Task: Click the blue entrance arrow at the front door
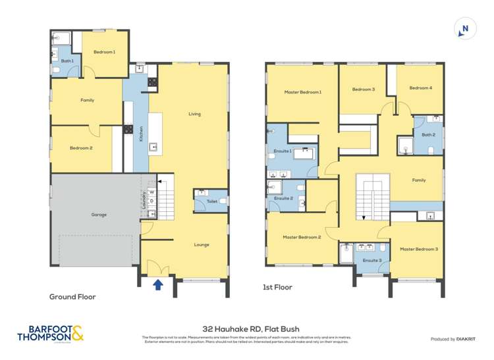(158, 284)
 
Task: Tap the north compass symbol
(465, 28)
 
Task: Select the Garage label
(98, 215)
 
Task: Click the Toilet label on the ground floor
(211, 201)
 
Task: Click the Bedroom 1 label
(104, 52)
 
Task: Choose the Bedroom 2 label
(81, 148)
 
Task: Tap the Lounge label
(202, 245)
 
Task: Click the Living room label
(194, 114)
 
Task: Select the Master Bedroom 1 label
(302, 91)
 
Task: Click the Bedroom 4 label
(420, 88)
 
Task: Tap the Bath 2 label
(429, 134)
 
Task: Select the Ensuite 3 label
(372, 261)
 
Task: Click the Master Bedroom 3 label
(418, 249)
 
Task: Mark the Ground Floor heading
(72, 297)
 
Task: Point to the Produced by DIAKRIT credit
(452, 339)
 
